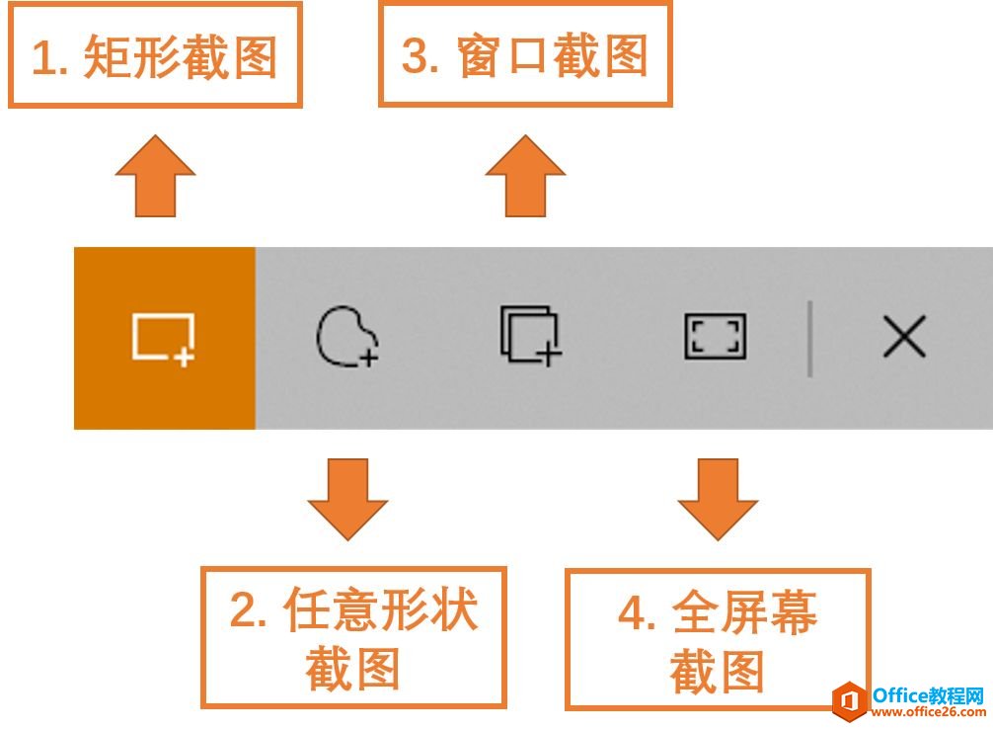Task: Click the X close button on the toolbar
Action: pyautogui.click(x=904, y=336)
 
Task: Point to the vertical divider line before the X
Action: pyautogui.click(x=810, y=339)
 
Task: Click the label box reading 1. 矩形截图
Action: pyautogui.click(x=155, y=54)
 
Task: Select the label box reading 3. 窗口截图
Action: pyautogui.click(x=525, y=53)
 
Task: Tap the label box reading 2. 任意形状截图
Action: pyautogui.click(x=354, y=637)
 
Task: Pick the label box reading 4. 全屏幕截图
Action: pyautogui.click(x=718, y=640)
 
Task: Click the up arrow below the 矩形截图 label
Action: pyautogui.click(x=155, y=176)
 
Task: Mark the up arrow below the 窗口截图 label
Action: pyautogui.click(x=525, y=176)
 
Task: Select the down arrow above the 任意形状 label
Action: pyautogui.click(x=347, y=500)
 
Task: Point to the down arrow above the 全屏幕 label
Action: pyautogui.click(x=718, y=500)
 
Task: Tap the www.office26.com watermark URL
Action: pyautogui.click(x=929, y=712)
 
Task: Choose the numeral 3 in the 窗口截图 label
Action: pyautogui.click(x=416, y=55)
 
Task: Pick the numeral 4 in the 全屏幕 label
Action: pyautogui.click(x=632, y=613)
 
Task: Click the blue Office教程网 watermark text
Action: pyautogui.click(x=929, y=694)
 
